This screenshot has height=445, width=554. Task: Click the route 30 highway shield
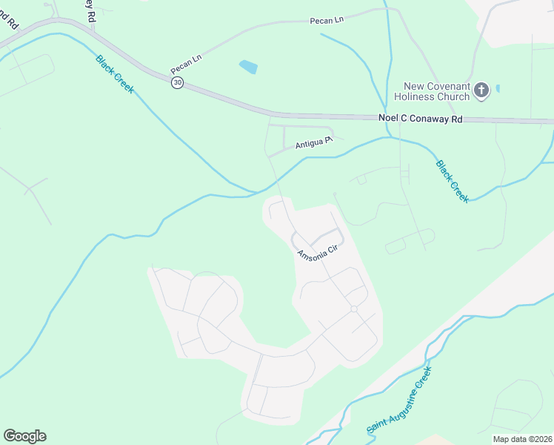pos(176,83)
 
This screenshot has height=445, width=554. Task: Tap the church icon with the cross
pos(481,90)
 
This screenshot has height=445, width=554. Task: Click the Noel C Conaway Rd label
pos(420,118)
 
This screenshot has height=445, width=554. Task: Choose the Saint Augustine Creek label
pos(398,403)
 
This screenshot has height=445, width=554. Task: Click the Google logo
pos(24,436)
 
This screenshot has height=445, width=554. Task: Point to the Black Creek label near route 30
pos(114,73)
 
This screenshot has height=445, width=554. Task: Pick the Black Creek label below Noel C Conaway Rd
pos(452,181)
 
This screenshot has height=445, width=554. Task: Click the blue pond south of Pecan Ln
pos(248,67)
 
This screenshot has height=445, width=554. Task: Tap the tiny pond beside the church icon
pos(498,88)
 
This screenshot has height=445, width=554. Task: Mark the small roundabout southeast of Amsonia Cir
pos(354,309)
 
